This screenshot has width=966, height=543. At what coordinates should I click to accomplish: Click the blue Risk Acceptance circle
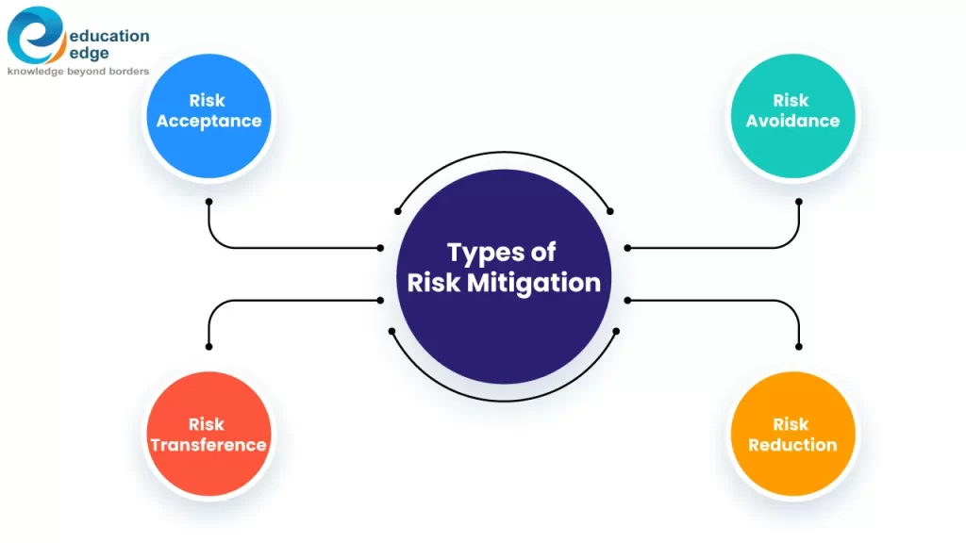click(x=208, y=116)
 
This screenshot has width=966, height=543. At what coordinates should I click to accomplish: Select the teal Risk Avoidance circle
click(x=792, y=116)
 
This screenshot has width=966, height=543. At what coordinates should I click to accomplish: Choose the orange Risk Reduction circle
click(x=792, y=435)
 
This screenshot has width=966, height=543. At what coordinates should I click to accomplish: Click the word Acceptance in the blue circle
click(x=208, y=121)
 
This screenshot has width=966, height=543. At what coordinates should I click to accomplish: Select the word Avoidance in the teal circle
click(x=792, y=121)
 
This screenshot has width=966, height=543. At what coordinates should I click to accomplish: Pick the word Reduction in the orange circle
click(x=792, y=445)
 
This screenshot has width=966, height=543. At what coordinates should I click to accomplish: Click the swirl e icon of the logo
click(x=36, y=35)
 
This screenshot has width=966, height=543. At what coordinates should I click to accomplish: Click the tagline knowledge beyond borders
click(x=78, y=72)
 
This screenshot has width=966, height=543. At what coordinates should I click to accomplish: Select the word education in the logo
click(x=109, y=36)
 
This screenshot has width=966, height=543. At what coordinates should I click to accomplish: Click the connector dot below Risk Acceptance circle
click(x=208, y=201)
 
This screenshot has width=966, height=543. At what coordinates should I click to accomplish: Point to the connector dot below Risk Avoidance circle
click(x=799, y=201)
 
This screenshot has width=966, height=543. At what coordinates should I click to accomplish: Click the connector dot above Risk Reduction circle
click(x=799, y=347)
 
